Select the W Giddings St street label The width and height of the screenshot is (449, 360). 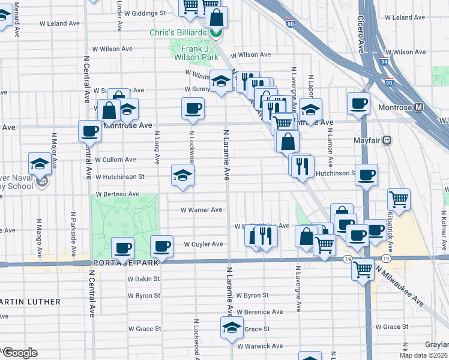point(145,13)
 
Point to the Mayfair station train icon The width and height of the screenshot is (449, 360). point(387,140)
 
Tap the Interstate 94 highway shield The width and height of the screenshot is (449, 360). point(384,61)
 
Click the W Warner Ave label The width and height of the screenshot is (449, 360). point(202,210)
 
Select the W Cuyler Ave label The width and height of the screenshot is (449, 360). point(203,244)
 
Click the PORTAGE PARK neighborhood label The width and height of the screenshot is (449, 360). point(125,263)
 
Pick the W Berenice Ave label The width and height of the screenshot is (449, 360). point(259,312)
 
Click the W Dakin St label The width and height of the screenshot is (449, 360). point(143,278)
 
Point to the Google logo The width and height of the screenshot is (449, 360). point(20,353)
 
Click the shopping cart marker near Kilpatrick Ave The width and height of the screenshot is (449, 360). point(399,198)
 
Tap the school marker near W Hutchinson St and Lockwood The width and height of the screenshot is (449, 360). point(182,175)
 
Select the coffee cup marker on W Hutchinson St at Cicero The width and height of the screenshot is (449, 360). point(366,175)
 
